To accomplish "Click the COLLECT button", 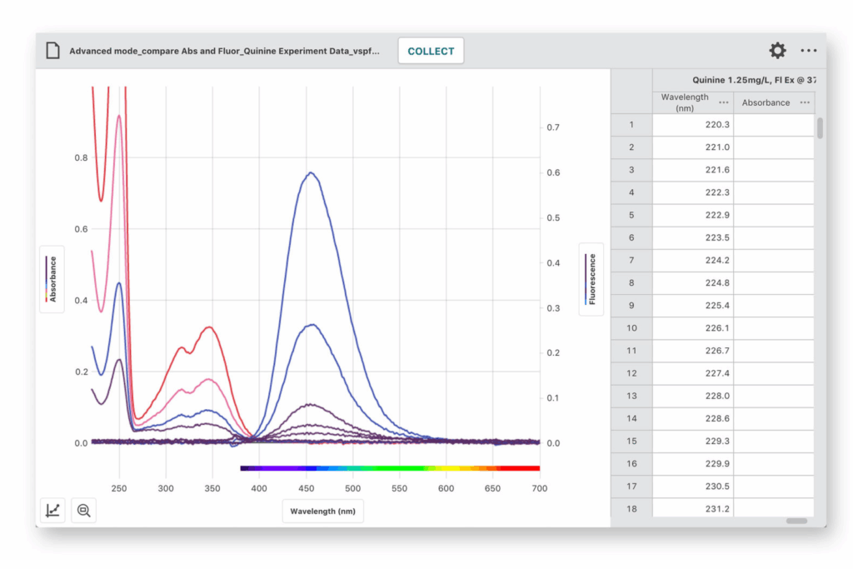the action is coord(431,51).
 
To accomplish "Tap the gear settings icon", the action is coord(777,51).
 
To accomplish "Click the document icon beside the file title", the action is coord(52,51).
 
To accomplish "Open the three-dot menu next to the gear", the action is coord(808,51).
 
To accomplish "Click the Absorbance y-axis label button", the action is coord(52,279).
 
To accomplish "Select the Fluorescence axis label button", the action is coord(591,279).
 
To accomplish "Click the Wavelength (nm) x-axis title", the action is coord(322,512).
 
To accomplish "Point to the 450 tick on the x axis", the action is coord(307,488).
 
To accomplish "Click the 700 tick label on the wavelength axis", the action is coord(539,488).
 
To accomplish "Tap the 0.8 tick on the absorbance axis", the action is coord(81,157).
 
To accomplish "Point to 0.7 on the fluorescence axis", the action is coord(553,127).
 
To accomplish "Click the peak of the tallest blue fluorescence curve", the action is coord(311,172).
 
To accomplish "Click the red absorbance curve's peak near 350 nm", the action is coord(209,327).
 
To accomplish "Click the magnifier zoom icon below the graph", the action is coord(84,510).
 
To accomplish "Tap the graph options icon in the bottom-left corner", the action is coord(52,510).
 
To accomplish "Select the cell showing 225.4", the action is coord(693,306).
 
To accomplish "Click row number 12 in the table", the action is coord(631,373).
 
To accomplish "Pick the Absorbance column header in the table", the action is coord(766,102).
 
